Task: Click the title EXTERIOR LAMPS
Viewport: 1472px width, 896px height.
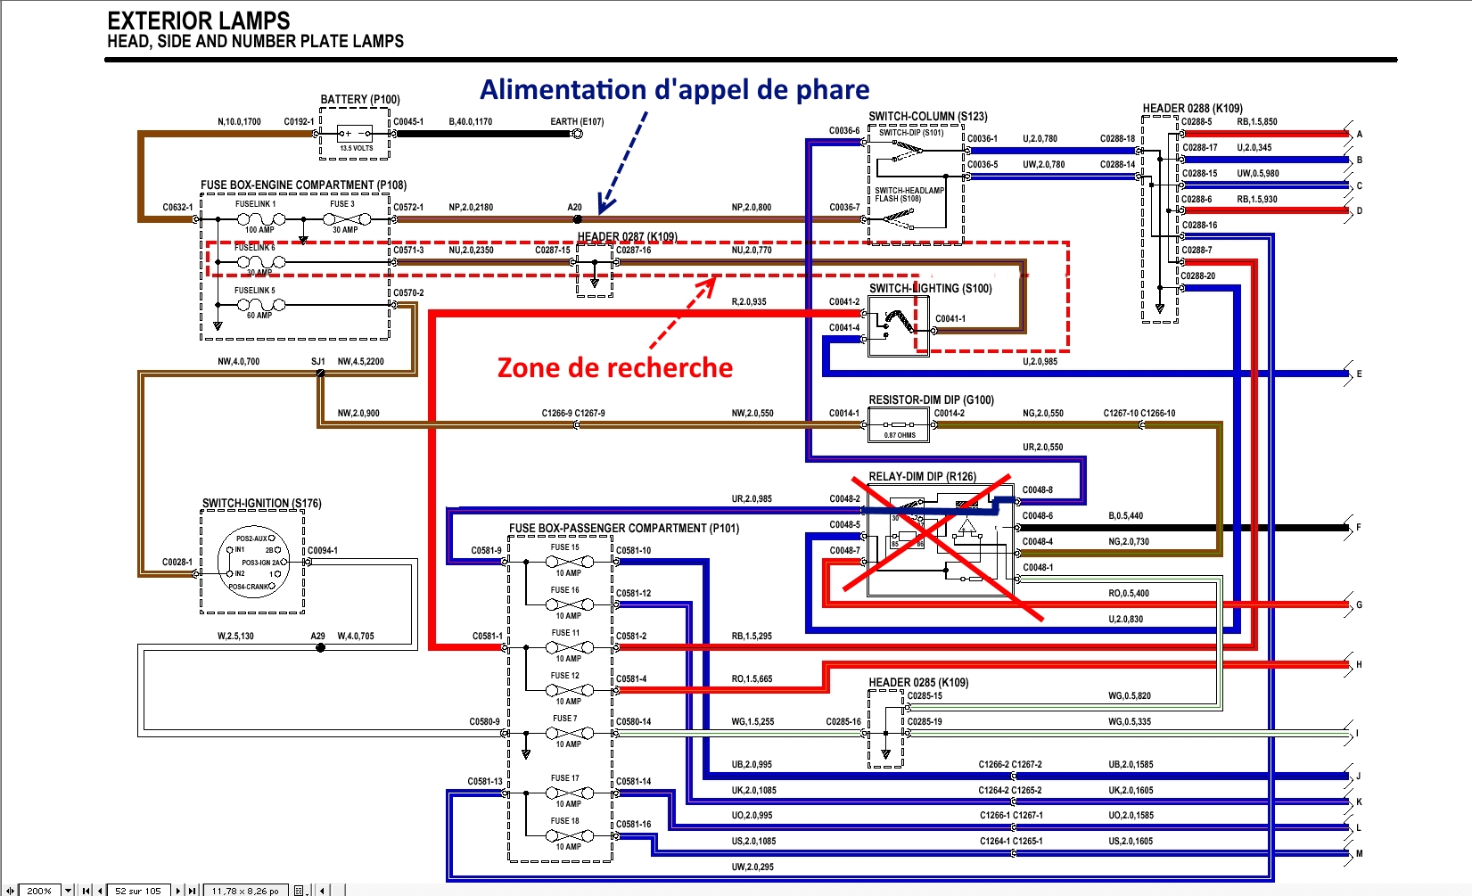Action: (x=198, y=21)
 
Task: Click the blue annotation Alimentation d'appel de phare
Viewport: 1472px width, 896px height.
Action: (x=674, y=90)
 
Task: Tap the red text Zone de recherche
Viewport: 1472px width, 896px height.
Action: (x=614, y=367)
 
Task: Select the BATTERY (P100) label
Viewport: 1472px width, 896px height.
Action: (x=360, y=100)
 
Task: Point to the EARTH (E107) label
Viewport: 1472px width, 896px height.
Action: (x=577, y=122)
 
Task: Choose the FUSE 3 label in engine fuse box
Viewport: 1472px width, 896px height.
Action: (x=342, y=204)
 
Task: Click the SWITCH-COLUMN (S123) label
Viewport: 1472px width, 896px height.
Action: (x=928, y=116)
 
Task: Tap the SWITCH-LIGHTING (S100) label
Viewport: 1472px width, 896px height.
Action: (x=930, y=289)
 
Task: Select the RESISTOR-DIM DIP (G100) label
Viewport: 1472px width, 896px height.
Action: (x=931, y=400)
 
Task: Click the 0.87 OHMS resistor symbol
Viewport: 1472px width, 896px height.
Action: (x=899, y=427)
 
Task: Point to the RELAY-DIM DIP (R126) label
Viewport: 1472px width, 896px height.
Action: (x=922, y=477)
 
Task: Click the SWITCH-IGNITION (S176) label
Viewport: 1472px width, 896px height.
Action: (x=261, y=504)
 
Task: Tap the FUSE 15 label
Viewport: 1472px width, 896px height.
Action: (x=564, y=547)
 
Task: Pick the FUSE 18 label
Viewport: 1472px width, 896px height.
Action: (x=564, y=821)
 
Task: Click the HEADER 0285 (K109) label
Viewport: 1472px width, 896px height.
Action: (x=918, y=683)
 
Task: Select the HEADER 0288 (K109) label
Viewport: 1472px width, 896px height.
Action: (x=1192, y=109)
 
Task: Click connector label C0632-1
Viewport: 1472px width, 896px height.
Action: (x=177, y=208)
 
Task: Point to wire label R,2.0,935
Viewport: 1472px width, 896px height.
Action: (x=749, y=302)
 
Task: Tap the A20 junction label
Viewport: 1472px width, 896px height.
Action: (x=575, y=208)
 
